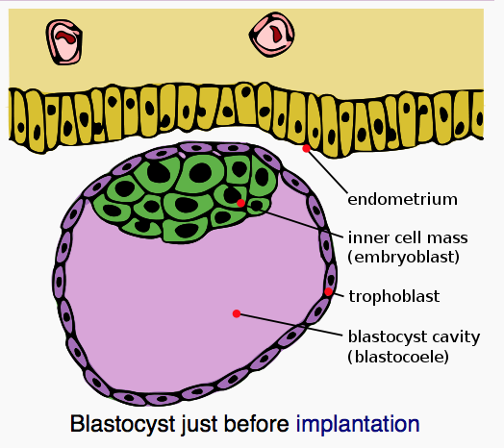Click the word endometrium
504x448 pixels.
(402, 199)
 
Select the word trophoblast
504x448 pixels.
(394, 296)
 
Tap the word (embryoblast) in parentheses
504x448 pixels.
(404, 257)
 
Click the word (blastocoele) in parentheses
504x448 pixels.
(398, 357)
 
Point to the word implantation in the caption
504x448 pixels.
(358, 424)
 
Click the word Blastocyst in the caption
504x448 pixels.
(122, 424)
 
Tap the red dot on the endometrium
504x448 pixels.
(306, 148)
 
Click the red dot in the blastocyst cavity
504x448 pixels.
(237, 313)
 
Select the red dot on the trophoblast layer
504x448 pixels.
(328, 291)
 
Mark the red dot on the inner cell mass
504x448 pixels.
(240, 203)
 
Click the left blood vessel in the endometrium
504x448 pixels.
(64, 41)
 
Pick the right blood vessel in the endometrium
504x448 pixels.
(272, 35)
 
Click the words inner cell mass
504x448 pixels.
(408, 237)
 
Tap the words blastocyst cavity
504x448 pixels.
(414, 337)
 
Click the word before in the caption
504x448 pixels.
(256, 424)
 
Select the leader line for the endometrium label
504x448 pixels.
(327, 171)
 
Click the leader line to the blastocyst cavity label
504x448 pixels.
(290, 325)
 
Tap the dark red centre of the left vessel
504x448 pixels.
(66, 37)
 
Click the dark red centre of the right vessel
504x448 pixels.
(276, 34)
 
